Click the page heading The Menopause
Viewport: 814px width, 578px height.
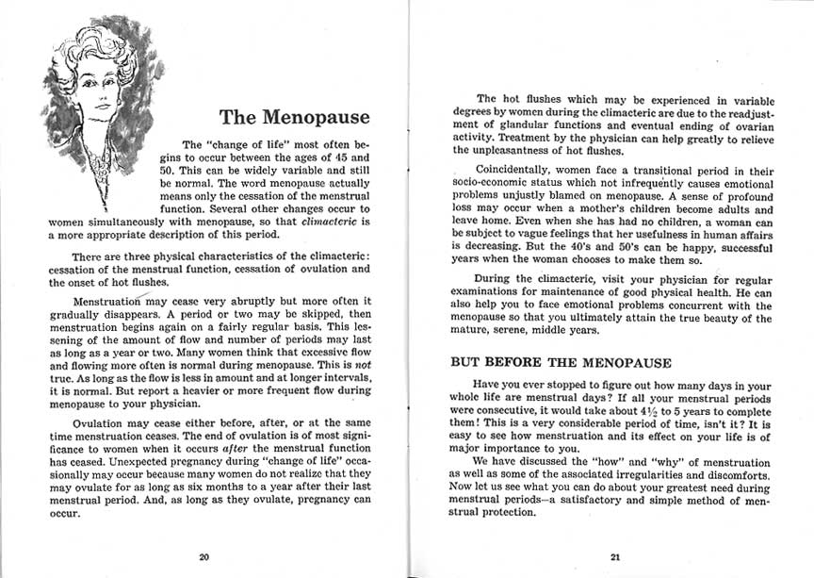coord(295,119)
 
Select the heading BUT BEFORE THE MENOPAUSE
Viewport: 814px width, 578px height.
coord(561,362)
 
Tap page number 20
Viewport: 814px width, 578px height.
coord(203,556)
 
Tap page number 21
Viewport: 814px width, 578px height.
coord(614,556)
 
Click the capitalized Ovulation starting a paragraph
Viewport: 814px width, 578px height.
coord(102,423)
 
